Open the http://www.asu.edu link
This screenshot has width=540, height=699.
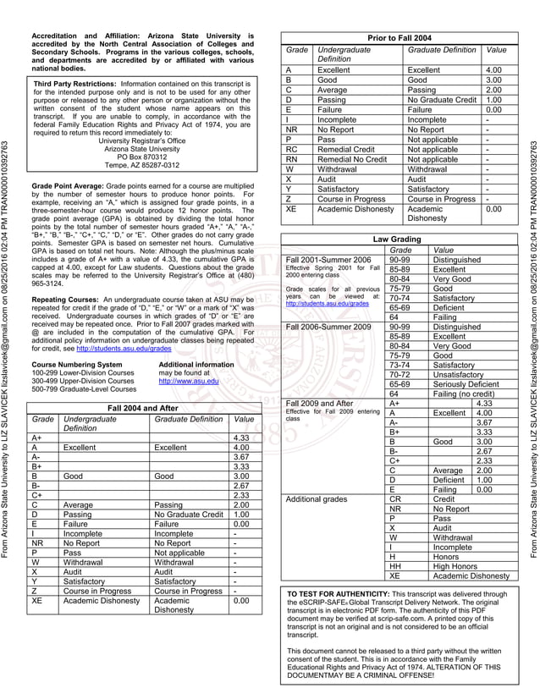pyautogui.click(x=188, y=381)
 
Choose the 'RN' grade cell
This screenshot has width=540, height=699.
pyautogui.click(x=292, y=158)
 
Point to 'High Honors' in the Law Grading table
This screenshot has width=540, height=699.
pyautogui.click(x=456, y=566)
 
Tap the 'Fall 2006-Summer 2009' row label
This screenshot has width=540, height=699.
pyautogui.click(x=329, y=326)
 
